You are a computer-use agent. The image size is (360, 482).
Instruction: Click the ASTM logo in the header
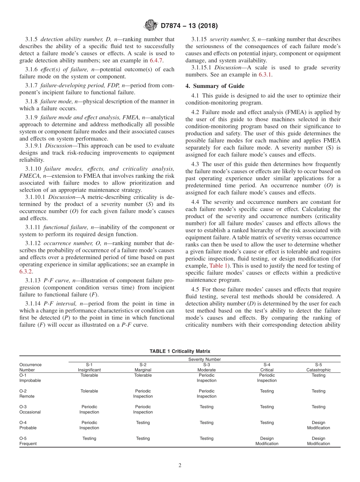[150, 26]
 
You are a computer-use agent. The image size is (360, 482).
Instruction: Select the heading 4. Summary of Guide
[215, 86]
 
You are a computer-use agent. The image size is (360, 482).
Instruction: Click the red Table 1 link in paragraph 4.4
[218, 266]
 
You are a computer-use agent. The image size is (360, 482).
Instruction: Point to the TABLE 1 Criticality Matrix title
[180, 351]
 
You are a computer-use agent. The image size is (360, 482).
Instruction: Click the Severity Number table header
[204, 359]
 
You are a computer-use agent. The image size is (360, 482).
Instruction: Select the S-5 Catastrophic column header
[318, 367]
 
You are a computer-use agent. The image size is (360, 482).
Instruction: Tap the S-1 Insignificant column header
[89, 367]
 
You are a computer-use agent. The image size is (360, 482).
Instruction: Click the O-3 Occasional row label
[30, 409]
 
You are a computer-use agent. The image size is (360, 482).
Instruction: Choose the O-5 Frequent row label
[28, 441]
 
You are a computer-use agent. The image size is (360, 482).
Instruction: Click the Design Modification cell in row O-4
[318, 425]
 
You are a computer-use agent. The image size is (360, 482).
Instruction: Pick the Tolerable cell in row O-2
[89, 391]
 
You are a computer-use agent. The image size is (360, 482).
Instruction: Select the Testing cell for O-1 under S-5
[318, 375]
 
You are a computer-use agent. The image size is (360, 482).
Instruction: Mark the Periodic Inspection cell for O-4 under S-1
[89, 425]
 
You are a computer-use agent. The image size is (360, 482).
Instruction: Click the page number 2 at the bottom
[180, 466]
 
